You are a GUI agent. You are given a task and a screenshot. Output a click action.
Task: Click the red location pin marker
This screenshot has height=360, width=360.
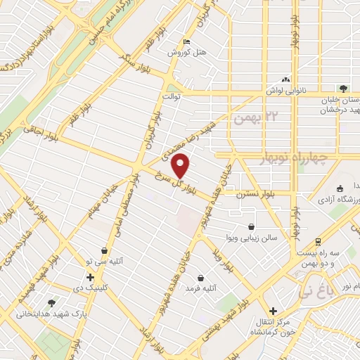(181, 167)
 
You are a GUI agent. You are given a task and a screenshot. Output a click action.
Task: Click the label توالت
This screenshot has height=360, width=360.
(173, 95)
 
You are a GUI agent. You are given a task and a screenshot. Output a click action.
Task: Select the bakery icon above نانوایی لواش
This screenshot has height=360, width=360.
(285, 79)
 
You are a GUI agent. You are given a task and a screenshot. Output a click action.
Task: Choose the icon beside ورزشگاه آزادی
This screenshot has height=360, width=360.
(340, 188)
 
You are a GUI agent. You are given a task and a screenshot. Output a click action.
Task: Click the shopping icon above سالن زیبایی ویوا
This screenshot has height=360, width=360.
(252, 226)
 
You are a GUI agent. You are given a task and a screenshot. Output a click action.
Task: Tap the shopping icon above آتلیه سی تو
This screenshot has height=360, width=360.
(104, 250)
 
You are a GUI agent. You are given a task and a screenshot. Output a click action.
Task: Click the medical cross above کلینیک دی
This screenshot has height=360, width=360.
(90, 277)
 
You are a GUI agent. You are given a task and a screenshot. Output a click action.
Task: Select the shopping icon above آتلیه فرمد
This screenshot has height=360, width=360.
(202, 278)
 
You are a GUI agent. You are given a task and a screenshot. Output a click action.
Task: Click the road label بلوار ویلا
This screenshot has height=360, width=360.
(229, 260)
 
